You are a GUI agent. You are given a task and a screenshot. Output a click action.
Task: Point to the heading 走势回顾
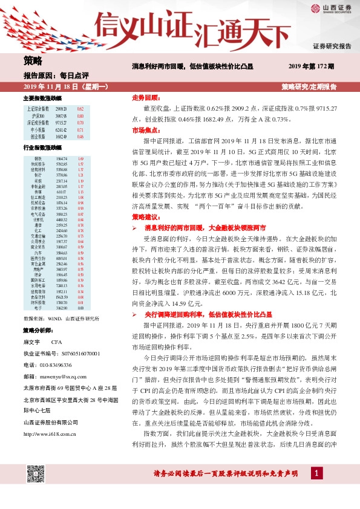click(x=145, y=97)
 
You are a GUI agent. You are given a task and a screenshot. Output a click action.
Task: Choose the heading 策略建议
click(x=145, y=216)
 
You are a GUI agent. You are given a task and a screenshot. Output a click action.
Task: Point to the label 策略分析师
click(x=38, y=331)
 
